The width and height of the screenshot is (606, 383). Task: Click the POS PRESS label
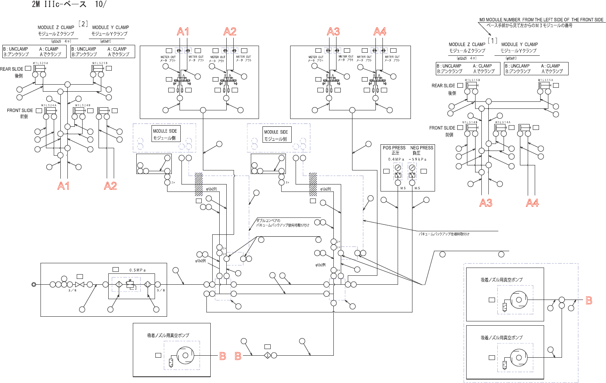tap(394, 148)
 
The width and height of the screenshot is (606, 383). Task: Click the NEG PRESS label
tap(421, 148)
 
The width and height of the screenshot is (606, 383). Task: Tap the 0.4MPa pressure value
tap(396, 159)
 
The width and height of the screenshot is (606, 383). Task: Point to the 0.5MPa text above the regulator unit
tap(137, 270)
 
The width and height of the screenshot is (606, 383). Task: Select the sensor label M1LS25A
tap(40, 63)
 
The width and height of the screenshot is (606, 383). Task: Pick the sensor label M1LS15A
tap(545, 80)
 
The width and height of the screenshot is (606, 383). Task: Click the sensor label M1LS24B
tap(83, 105)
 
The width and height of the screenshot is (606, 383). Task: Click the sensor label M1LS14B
tap(470, 122)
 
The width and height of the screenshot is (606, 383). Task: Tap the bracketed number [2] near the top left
tap(83, 24)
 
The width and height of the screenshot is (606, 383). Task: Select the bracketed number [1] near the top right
tap(493, 41)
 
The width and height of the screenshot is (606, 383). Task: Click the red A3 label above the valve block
tap(333, 32)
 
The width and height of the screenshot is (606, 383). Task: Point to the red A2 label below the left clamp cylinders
tap(110, 186)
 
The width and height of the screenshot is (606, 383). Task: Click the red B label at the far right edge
tap(589, 301)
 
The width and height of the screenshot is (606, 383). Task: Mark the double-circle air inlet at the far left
tap(34, 284)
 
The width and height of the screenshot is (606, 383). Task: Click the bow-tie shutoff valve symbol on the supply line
tap(79, 285)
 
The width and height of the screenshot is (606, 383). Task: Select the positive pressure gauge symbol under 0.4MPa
tap(398, 168)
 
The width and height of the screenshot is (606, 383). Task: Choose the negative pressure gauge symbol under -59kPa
tap(412, 168)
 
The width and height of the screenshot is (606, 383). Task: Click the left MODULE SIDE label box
tap(165, 134)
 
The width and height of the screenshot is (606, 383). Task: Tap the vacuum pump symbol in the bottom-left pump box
tap(185, 355)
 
